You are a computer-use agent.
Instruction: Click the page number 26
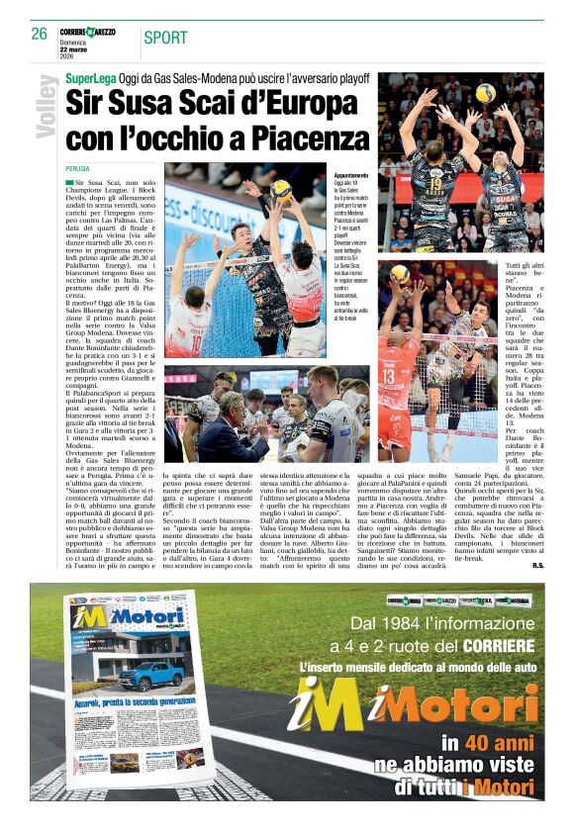click(39, 33)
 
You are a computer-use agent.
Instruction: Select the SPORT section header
click(165, 39)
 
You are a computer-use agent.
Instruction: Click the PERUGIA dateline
click(77, 169)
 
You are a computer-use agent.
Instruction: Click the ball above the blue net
click(282, 190)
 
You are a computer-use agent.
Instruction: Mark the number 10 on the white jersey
click(198, 340)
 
